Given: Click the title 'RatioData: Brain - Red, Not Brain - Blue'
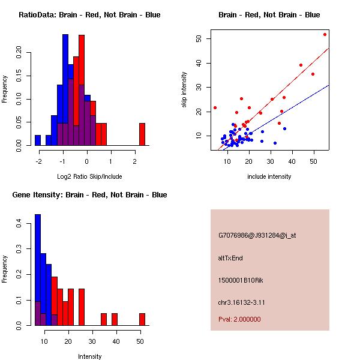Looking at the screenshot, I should coord(89,14).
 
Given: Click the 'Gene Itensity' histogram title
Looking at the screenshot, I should coord(90,194).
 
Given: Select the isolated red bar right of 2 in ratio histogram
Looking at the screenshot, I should coord(142,134).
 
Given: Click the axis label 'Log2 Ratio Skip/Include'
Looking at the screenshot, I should coord(89,176).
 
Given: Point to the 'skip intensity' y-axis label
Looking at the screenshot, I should coord(184,90).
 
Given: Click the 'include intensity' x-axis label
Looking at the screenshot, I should coord(269,176).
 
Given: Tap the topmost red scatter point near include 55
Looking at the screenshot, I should coord(325,34).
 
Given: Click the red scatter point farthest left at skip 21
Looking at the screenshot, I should coord(215,108).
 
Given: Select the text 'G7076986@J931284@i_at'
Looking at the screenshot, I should coord(257,235).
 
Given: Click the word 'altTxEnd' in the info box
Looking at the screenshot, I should coord(230,258).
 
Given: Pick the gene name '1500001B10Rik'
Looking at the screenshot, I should coord(238,280).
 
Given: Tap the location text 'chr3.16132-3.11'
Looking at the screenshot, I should coord(241,302).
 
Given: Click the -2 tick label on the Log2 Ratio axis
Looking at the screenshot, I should coord(40,161).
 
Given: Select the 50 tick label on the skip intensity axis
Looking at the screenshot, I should coord(198,38).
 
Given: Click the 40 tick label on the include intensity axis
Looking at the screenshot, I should coord(292,161).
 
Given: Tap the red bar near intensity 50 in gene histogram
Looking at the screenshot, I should coord(142,319).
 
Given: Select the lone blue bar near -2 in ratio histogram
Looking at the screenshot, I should coord(38,140).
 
